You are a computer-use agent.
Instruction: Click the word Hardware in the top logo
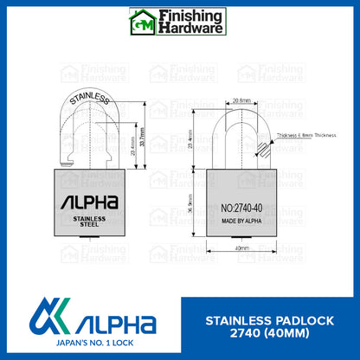tap(190, 29)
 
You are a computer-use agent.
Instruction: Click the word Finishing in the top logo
tap(190, 15)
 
